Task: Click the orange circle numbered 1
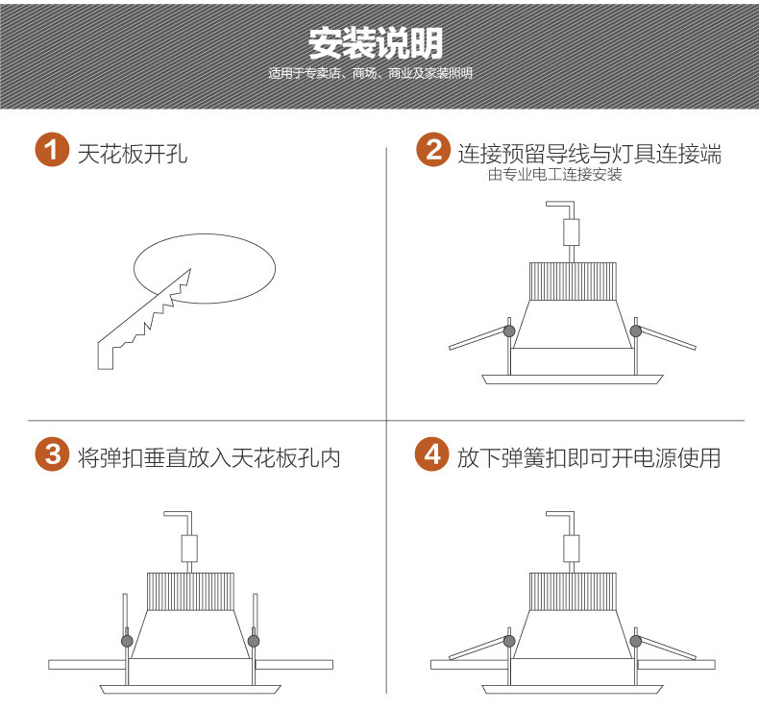[52, 150]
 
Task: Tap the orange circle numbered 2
[433, 150]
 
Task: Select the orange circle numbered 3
[52, 453]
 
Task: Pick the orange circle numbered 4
[432, 453]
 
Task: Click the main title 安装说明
[376, 43]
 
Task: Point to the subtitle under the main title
[370, 74]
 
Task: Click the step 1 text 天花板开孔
[133, 154]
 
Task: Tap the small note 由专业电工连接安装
[554, 174]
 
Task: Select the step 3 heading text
[209, 458]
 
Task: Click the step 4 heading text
[589, 458]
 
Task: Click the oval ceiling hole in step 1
[205, 269]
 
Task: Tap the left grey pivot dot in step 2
[509, 331]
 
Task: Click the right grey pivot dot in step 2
[636, 331]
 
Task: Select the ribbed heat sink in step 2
[573, 282]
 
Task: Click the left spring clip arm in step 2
[477, 339]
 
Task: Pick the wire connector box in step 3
[189, 549]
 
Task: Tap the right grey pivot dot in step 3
[254, 641]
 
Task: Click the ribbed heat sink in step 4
[573, 592]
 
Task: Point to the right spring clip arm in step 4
[668, 649]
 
